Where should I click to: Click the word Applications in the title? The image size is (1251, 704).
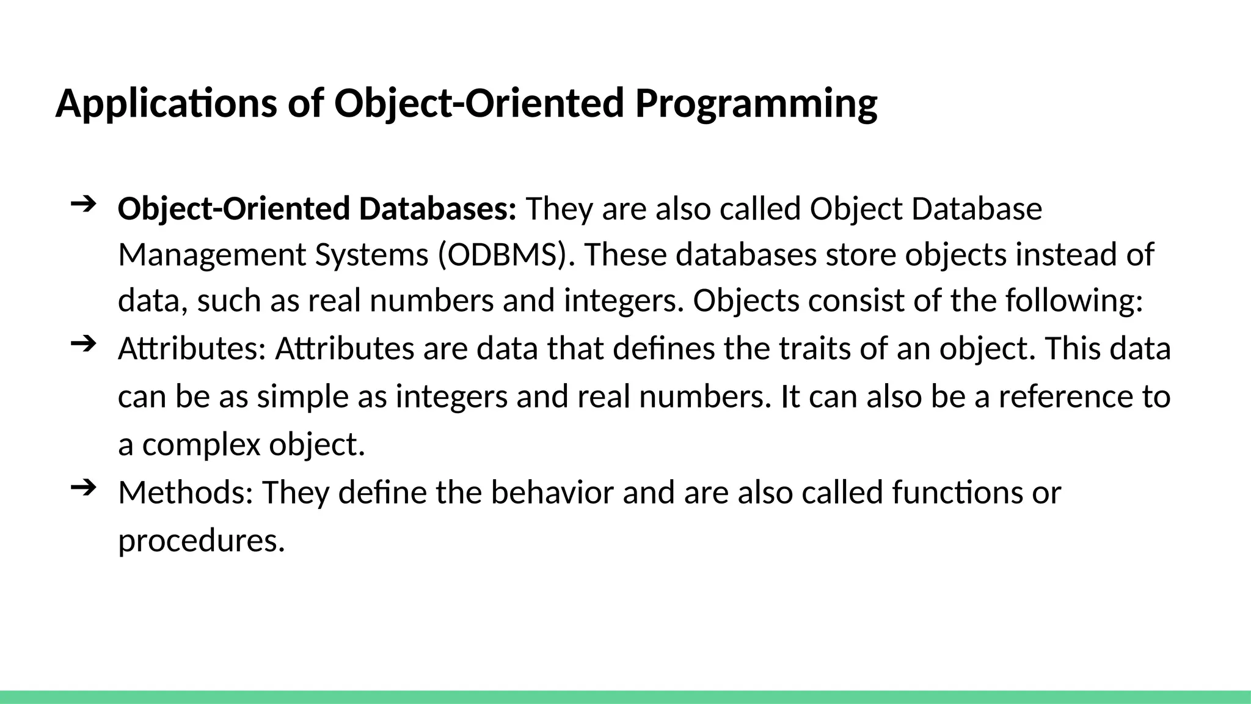tap(166, 104)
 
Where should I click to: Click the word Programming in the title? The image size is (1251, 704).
tap(756, 104)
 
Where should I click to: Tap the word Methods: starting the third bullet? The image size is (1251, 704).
tap(185, 493)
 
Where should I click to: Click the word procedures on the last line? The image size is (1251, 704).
tap(201, 541)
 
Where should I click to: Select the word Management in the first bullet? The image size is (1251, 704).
tap(211, 255)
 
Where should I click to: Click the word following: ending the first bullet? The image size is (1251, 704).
tap(1074, 301)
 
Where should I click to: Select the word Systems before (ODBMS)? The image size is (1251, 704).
tap(371, 255)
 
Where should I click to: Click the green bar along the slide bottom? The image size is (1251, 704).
tap(625, 697)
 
